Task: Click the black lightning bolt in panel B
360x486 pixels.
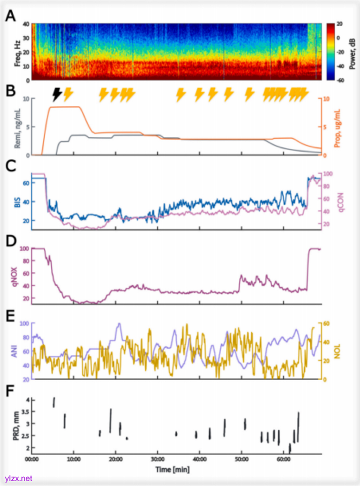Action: click(x=58, y=94)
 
